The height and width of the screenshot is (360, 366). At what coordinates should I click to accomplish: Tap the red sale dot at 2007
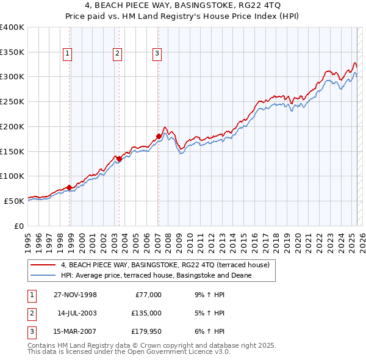point(159,136)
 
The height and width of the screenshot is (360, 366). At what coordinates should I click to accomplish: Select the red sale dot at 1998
point(70,187)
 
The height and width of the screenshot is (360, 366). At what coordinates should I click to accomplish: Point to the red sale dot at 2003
point(119,159)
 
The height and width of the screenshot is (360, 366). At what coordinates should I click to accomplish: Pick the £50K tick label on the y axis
point(14,201)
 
